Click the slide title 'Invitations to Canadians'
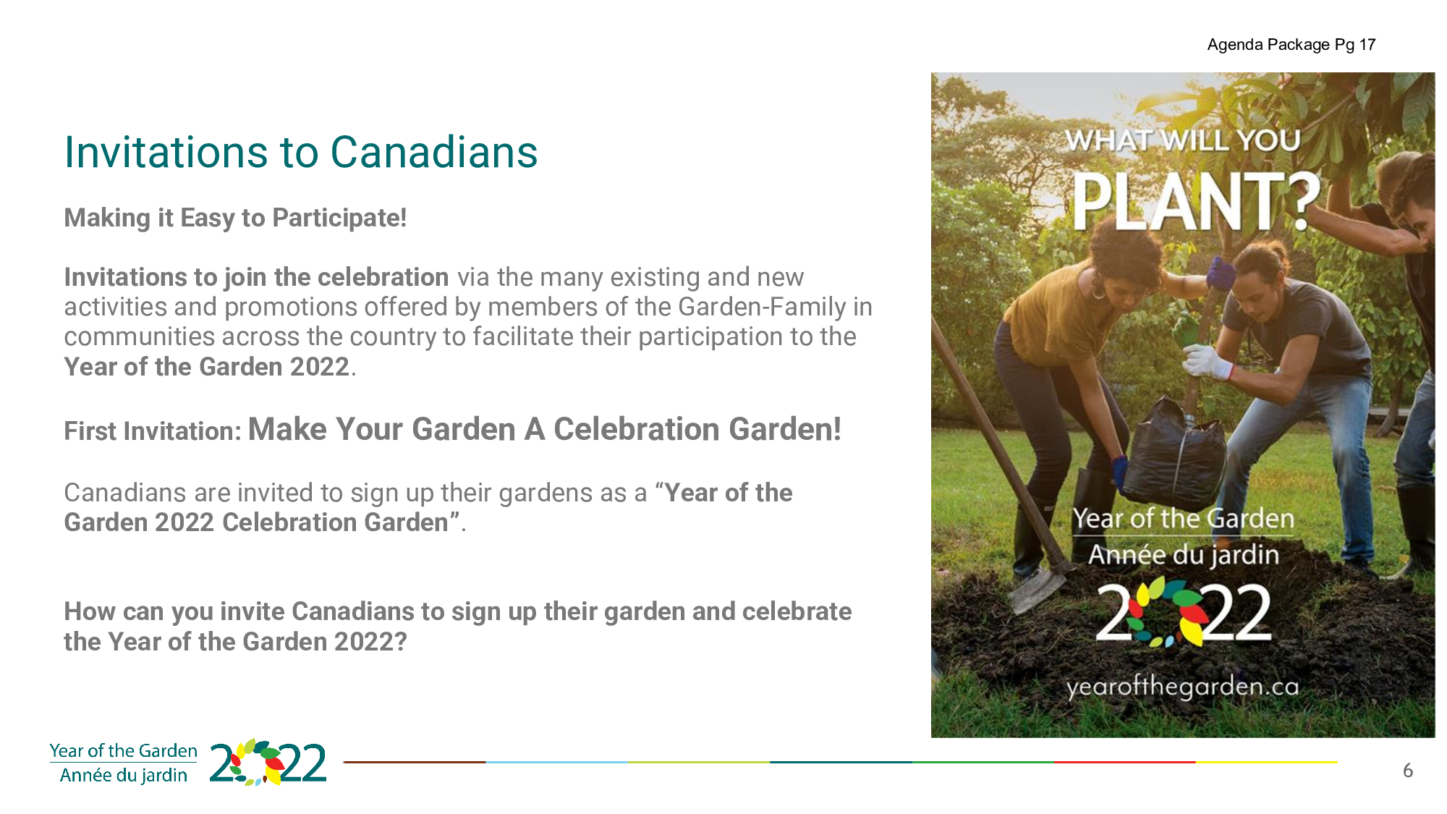(x=301, y=152)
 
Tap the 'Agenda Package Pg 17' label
(x=1291, y=45)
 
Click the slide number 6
(x=1408, y=771)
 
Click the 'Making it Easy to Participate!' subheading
(x=235, y=218)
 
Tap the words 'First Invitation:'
(x=153, y=431)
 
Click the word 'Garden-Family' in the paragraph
(x=762, y=307)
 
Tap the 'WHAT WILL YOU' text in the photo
(x=1183, y=140)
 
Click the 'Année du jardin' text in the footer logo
(x=124, y=776)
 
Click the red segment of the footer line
(x=1124, y=762)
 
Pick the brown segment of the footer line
(x=414, y=762)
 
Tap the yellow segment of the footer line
(x=1266, y=762)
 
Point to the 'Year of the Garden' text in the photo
(x=1183, y=519)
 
